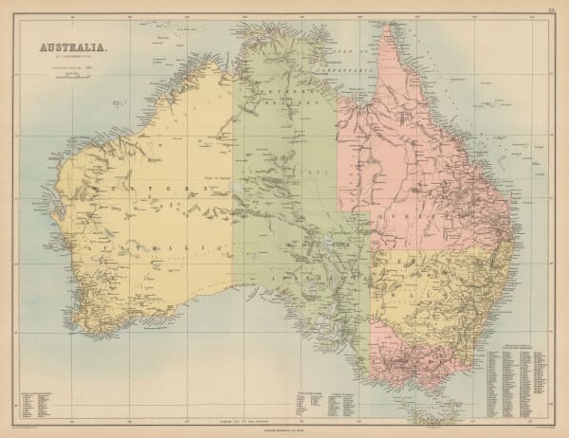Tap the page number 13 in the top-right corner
point(550,10)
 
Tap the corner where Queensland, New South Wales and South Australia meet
point(371,250)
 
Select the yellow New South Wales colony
point(446,294)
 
